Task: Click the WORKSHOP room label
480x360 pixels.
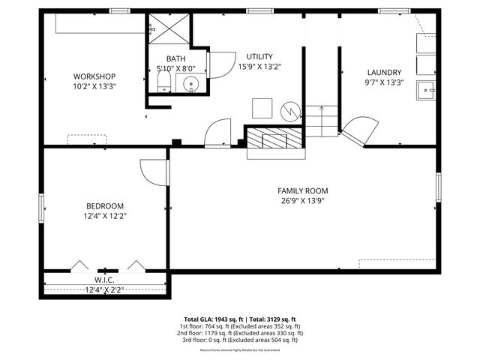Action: [94, 76]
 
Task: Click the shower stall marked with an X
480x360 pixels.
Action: [169, 31]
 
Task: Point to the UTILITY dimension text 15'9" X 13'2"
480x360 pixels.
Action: [259, 66]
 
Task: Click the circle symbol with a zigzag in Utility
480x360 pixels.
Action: [289, 111]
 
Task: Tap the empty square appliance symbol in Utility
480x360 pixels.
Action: [261, 108]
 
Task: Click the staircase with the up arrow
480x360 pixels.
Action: [322, 120]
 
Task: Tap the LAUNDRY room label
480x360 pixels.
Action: [383, 72]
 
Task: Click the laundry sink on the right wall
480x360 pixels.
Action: [427, 90]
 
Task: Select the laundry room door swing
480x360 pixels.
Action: [358, 133]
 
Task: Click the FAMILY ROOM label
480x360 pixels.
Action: [302, 190]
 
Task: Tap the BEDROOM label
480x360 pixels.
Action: [104, 205]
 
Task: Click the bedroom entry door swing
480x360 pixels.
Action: [153, 172]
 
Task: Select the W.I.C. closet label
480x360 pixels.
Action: [103, 280]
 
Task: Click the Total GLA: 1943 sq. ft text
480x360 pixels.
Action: [211, 319]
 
